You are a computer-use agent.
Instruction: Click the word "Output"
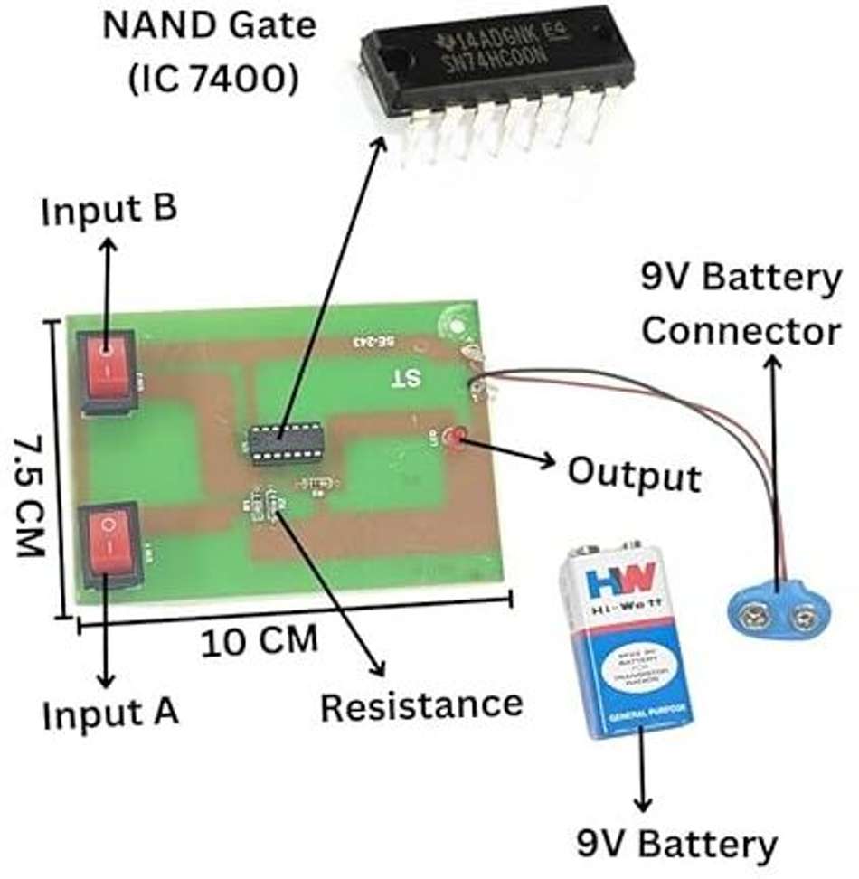click(633, 475)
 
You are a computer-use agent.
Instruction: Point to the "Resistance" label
click(422, 704)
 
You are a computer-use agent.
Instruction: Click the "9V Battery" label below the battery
click(676, 845)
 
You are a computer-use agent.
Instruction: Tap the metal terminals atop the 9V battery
click(616, 548)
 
